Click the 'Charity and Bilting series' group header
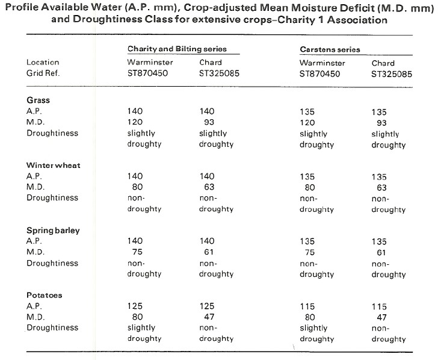click(177, 49)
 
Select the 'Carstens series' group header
click(330, 49)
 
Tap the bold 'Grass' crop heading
click(39, 100)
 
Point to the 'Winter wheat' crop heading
click(54, 165)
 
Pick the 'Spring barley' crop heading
click(53, 231)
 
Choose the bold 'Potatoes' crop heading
click(44, 295)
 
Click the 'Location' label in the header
click(43, 62)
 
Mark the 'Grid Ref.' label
click(43, 73)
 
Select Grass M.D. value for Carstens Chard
click(381, 123)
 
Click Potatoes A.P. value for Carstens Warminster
click(307, 306)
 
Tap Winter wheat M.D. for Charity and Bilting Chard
click(209, 187)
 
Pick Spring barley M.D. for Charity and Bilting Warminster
click(137, 252)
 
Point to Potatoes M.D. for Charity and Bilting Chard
click(209, 317)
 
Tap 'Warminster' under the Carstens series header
click(322, 63)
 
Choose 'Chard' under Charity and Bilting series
click(211, 62)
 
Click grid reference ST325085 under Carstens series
click(392, 74)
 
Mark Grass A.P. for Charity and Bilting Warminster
click(135, 111)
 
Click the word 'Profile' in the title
click(22, 7)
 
